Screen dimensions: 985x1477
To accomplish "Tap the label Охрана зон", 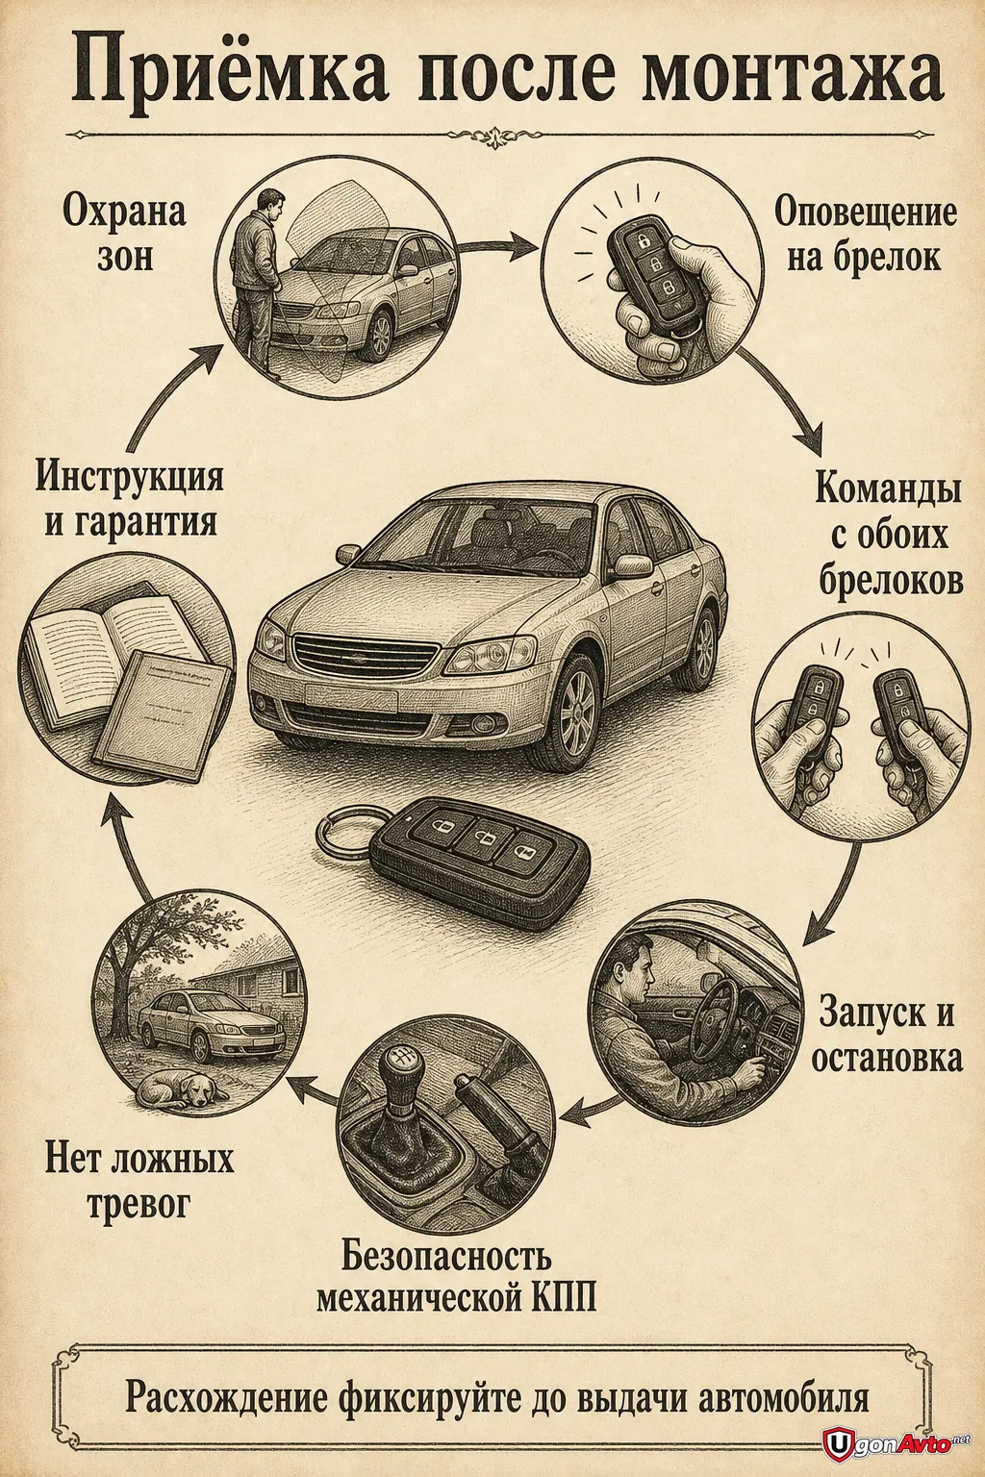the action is (x=124, y=234).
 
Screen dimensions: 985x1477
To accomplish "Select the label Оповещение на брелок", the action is (x=865, y=234).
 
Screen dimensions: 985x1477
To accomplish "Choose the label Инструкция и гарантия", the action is (x=130, y=498).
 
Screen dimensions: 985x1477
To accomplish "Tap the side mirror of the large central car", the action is (x=632, y=566).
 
